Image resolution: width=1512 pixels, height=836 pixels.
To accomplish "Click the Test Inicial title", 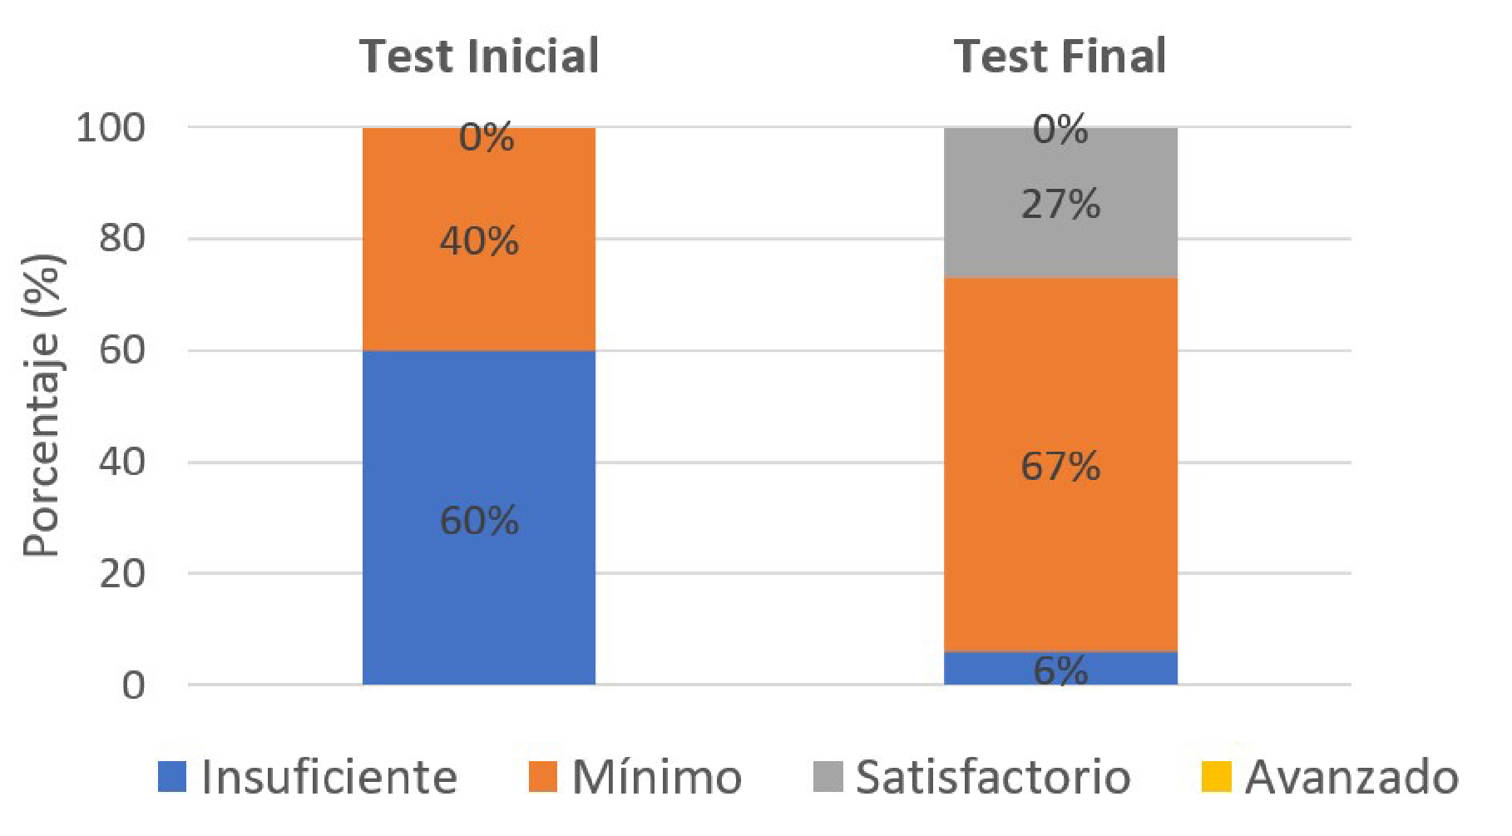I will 479,57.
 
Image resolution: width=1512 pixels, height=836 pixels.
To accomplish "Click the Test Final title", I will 1060,57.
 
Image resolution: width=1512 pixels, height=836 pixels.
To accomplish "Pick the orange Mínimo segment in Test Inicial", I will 479,291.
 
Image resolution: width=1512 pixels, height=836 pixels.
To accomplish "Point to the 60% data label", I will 479,521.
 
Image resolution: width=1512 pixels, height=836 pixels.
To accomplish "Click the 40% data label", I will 479,241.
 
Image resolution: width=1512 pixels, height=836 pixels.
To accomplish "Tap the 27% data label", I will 1060,205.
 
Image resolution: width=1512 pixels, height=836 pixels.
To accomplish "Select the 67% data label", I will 1060,466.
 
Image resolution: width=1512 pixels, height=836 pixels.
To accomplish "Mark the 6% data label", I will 1060,670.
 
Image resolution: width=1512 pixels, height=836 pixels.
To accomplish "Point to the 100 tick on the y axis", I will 111,128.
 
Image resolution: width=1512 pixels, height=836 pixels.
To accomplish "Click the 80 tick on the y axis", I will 121,239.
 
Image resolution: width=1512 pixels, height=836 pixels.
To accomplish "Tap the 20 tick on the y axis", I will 121,574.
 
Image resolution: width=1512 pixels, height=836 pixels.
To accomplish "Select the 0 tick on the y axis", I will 133,685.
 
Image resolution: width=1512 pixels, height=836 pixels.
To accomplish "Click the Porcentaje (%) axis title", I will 42,405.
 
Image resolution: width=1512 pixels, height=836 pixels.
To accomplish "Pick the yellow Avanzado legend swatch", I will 1216,777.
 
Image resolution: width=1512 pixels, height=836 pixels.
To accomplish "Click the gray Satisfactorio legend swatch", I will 828,777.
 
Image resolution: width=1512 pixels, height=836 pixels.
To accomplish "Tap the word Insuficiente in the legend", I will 329,777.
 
